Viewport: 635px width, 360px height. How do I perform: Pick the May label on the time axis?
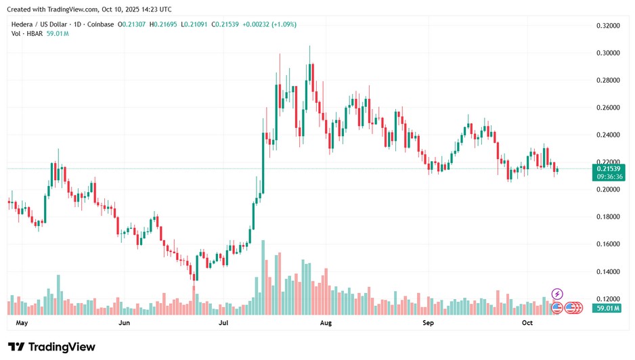pos(22,323)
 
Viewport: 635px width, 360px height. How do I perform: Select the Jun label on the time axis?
pos(124,323)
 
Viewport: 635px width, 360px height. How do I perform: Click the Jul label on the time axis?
pos(224,323)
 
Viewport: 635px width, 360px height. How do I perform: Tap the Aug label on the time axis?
pos(326,323)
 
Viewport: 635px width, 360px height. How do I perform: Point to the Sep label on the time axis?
pos(427,323)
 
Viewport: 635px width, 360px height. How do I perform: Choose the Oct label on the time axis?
pos(528,323)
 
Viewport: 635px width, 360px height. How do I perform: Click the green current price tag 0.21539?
pos(608,168)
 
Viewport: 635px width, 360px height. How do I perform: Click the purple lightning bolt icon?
pos(557,294)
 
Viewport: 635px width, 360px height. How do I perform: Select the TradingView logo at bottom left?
pos(51,347)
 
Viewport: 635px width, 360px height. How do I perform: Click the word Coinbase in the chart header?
pos(101,24)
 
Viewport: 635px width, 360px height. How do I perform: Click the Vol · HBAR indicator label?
pos(26,35)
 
